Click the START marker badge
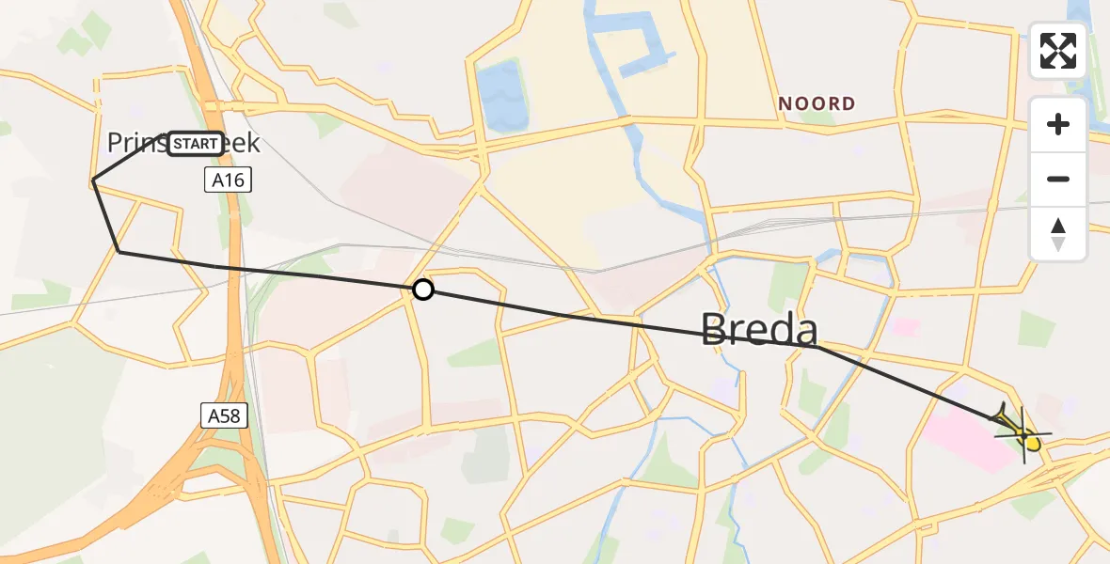click(196, 144)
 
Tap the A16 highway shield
click(229, 180)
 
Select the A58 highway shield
click(224, 415)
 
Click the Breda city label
click(759, 330)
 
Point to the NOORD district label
click(817, 103)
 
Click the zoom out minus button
click(1058, 179)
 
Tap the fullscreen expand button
click(1058, 51)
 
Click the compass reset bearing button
click(1058, 234)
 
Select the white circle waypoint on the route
click(423, 290)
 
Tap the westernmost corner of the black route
click(93, 180)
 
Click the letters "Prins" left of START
click(135, 143)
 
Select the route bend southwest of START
click(119, 251)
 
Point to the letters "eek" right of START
click(243, 143)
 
